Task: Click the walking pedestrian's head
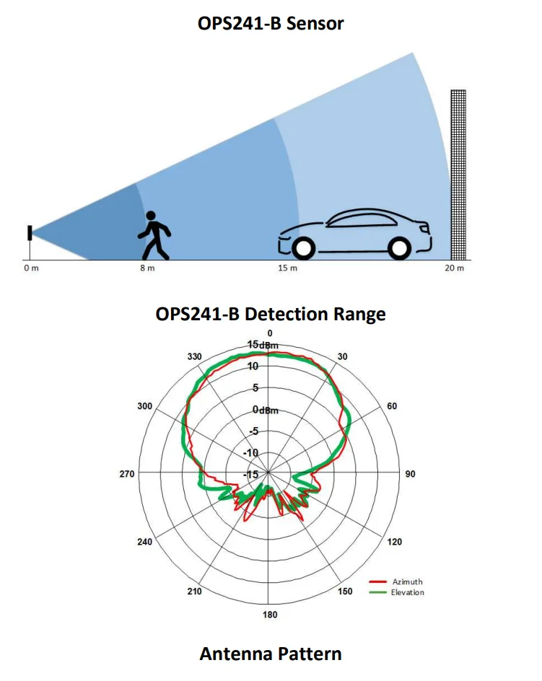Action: pos(150,216)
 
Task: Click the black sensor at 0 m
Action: pos(30,233)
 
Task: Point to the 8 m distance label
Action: pos(147,268)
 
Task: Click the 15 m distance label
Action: pos(288,268)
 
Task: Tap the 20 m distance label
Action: pos(454,268)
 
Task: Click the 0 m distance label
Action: pos(31,268)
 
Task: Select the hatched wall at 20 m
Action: pos(458,175)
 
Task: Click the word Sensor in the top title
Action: pos(315,24)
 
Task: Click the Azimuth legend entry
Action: pos(396,581)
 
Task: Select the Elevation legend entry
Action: pos(396,592)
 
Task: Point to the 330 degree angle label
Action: pos(194,356)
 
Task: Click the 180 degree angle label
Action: pos(270,615)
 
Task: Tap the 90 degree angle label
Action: pos(411,474)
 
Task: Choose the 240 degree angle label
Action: pos(145,542)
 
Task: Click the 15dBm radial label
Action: pos(263,345)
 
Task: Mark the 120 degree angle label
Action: pos(395,542)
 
